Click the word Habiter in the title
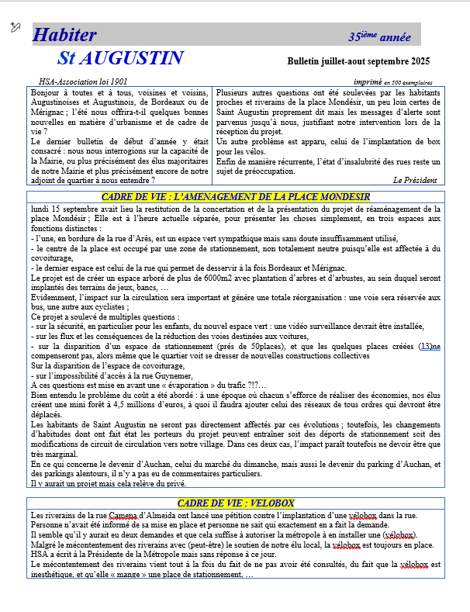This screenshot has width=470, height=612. point(64,35)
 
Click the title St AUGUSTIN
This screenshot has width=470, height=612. point(120,58)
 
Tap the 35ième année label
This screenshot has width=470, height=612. point(379,36)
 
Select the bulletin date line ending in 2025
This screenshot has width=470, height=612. point(358,61)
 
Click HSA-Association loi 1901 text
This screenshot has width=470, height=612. point(83,81)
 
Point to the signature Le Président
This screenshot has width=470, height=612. point(415,179)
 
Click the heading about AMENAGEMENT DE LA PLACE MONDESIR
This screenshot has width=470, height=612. point(235,197)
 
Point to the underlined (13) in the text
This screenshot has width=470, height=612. point(425,346)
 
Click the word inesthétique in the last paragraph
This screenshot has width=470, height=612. point(54,575)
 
